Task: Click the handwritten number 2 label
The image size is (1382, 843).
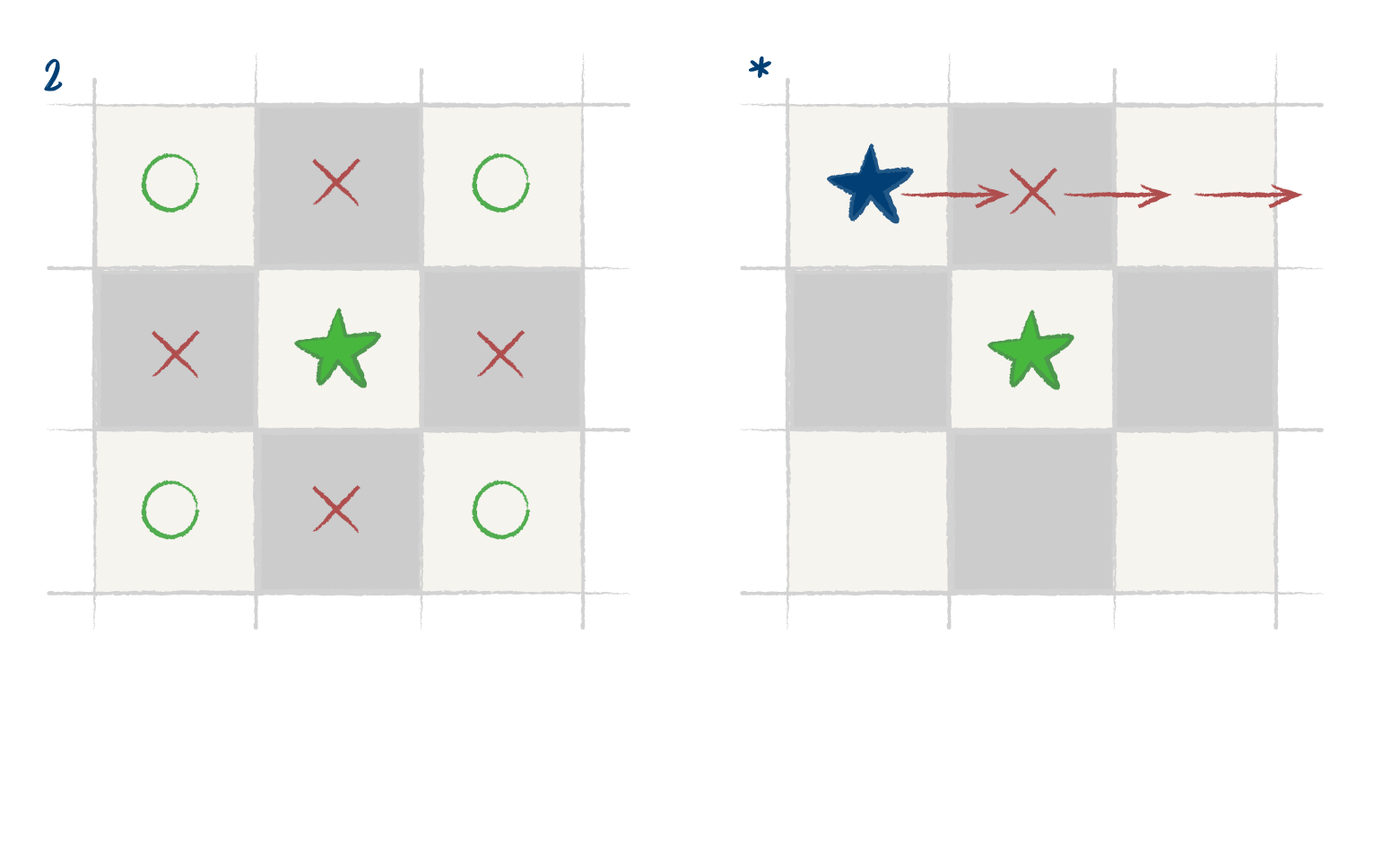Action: point(53,76)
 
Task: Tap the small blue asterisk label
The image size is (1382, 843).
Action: point(760,67)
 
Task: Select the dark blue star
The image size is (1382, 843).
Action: point(870,185)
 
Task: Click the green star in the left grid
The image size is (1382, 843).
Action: point(337,349)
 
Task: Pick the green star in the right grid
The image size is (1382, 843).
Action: point(1031,351)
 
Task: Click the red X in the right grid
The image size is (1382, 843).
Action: point(1033,191)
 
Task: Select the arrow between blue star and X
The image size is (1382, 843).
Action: point(954,196)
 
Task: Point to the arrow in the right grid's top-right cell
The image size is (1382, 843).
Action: point(1247,195)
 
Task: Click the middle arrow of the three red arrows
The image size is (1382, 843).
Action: point(1117,196)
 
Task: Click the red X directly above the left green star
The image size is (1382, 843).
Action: point(336,182)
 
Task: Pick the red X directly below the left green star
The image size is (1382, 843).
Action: point(336,509)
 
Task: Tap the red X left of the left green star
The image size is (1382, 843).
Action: point(176,353)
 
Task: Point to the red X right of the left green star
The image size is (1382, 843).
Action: point(500,353)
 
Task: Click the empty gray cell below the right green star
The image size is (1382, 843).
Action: point(1031,512)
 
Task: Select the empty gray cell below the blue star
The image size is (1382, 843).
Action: point(869,349)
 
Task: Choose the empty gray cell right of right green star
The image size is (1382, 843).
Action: point(1195,349)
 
